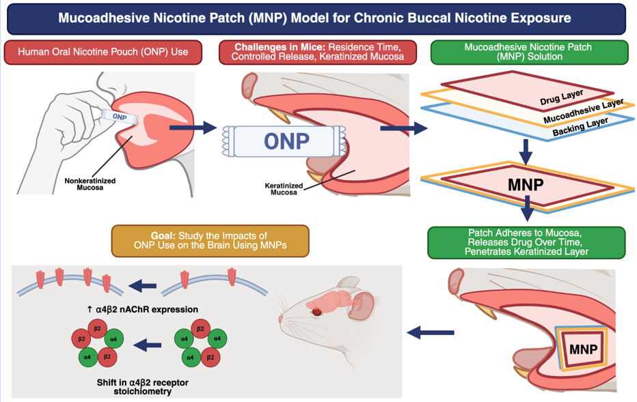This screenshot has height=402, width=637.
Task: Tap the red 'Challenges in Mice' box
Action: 318,53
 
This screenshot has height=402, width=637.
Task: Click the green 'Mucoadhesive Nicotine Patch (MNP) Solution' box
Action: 528,53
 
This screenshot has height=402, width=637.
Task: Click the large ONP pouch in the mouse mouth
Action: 288,141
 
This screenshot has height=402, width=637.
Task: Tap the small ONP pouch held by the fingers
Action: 120,116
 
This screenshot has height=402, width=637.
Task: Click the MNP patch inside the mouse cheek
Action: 582,349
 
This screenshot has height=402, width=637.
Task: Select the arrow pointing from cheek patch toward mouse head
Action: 430,332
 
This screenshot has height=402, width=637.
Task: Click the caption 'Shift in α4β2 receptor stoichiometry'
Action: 142,387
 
